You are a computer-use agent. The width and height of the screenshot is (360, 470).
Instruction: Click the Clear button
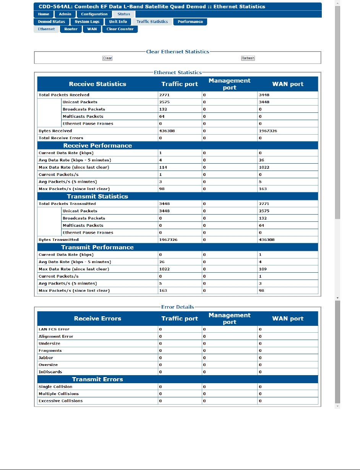click(107, 58)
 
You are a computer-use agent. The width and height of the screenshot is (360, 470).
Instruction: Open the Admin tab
click(65, 14)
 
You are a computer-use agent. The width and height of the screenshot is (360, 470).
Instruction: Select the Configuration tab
click(94, 14)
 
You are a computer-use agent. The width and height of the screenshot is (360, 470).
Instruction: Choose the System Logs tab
click(87, 22)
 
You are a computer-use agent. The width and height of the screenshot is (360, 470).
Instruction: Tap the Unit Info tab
click(118, 22)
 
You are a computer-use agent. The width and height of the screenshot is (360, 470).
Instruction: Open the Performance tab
click(190, 22)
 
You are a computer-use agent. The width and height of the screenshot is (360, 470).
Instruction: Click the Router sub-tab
click(71, 29)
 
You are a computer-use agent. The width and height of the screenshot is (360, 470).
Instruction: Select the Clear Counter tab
click(120, 29)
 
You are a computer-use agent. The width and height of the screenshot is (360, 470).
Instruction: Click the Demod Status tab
click(51, 22)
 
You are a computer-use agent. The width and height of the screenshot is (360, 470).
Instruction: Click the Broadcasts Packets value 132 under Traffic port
click(163, 109)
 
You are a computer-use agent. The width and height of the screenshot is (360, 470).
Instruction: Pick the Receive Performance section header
click(97, 146)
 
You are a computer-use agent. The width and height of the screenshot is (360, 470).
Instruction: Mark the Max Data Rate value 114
click(163, 167)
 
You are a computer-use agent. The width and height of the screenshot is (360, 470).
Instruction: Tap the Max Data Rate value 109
click(263, 269)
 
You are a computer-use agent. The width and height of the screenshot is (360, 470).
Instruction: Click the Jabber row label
click(46, 358)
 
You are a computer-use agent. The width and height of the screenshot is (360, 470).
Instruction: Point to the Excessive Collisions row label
click(60, 401)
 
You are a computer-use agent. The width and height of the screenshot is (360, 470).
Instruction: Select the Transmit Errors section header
click(97, 379)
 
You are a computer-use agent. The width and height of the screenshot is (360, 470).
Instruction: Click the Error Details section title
click(178, 307)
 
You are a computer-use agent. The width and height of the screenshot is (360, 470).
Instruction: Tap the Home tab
click(44, 14)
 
